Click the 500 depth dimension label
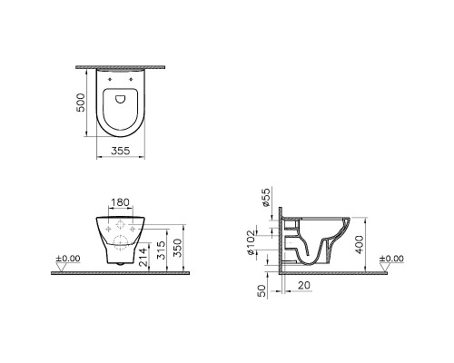pyautogui.click(x=81, y=101)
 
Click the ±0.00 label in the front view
pyautogui.click(x=67, y=259)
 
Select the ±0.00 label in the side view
pyautogui.click(x=393, y=259)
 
